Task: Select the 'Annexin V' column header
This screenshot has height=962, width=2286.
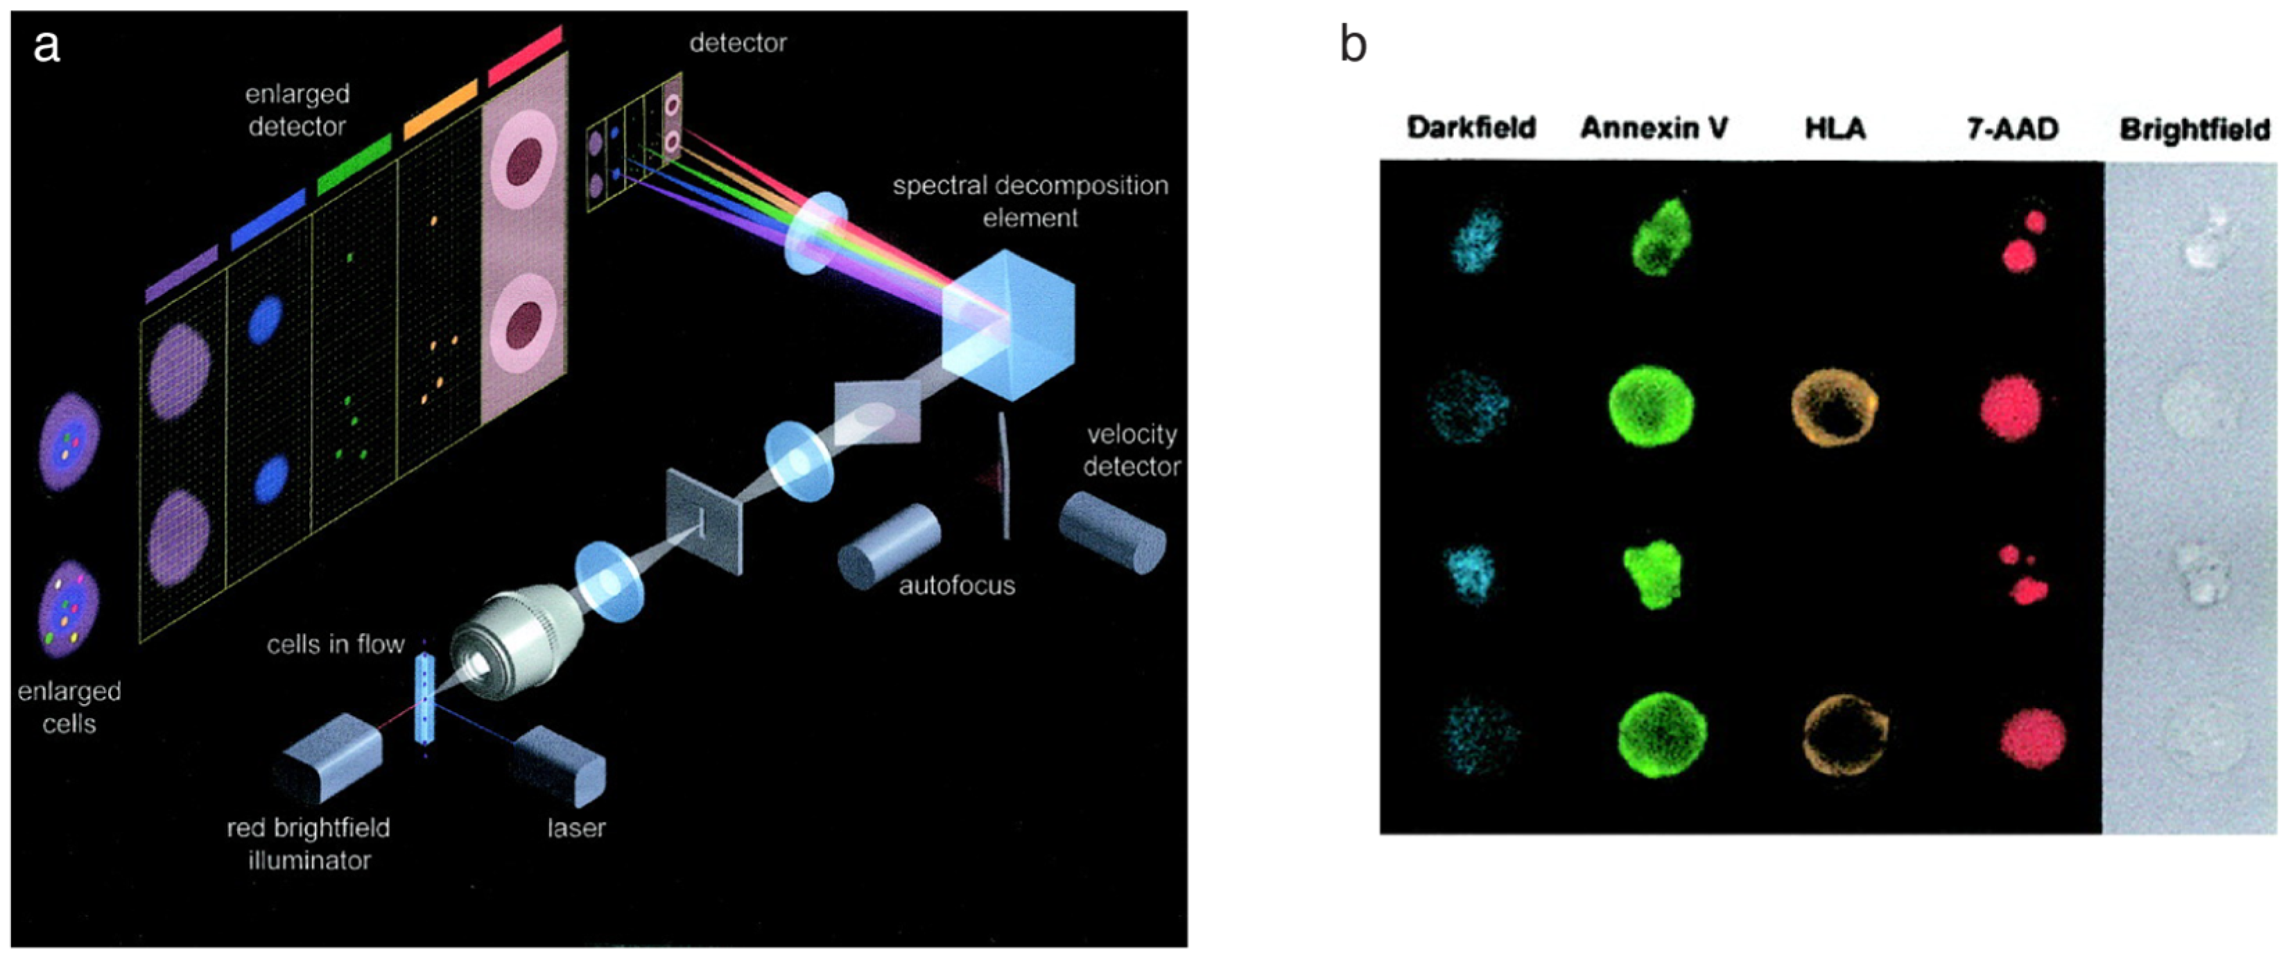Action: (x=1654, y=129)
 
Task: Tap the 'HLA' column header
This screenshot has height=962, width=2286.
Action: (x=1835, y=129)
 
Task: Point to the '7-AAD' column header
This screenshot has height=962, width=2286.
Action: (x=2012, y=130)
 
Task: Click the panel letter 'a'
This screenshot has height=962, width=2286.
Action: (x=46, y=46)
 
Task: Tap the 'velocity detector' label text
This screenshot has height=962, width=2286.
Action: (x=1132, y=450)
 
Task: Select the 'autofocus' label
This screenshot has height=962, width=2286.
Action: (x=957, y=585)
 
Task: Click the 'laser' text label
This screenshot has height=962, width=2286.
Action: (x=576, y=828)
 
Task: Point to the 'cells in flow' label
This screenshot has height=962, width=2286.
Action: (x=336, y=644)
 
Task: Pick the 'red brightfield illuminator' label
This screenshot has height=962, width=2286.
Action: (x=309, y=844)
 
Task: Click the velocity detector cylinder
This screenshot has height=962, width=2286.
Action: (x=1111, y=533)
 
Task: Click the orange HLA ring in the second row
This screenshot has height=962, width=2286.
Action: (x=1835, y=409)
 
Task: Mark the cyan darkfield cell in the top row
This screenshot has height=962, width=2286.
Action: (x=1474, y=238)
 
